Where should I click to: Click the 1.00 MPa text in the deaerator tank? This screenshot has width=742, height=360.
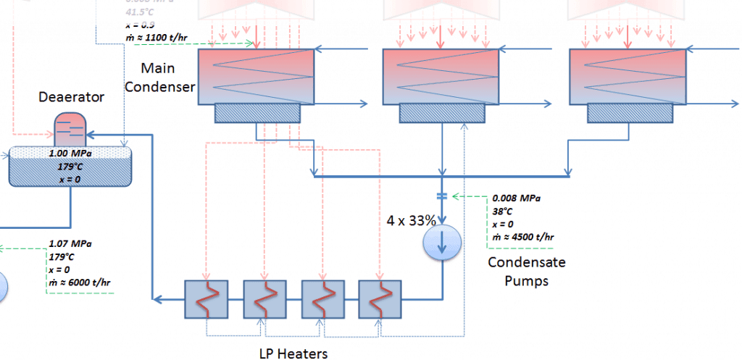pos(70,154)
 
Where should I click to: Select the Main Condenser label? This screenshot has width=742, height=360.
pos(168,78)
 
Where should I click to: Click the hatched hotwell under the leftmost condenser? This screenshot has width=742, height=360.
pos(257,112)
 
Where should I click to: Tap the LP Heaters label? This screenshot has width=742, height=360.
pos(293,353)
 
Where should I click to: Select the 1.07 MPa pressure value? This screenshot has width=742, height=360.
pos(70,244)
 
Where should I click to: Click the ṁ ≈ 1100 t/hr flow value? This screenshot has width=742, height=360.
pos(157,35)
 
